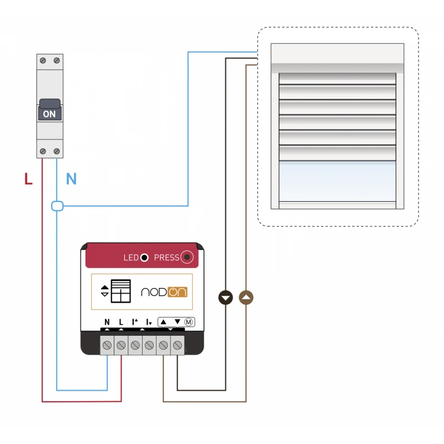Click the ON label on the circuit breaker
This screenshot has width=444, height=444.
49,114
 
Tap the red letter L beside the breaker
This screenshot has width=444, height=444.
28,179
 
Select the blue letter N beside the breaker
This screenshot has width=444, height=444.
71,179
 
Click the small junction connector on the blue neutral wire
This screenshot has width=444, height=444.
57,206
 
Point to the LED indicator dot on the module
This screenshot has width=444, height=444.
144,258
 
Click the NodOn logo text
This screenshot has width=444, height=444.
164,292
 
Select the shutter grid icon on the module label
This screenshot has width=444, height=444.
121,291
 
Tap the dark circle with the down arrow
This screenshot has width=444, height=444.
225,298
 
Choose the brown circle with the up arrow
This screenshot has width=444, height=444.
246,298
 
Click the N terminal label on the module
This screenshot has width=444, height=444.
107,322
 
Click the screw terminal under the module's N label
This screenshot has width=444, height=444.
107,345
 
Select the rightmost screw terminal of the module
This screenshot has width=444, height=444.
177,345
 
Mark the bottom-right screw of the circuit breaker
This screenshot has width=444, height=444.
57,151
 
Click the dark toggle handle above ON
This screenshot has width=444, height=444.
49,103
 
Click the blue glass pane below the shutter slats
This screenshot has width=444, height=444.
337,181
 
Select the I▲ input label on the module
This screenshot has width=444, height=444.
135,322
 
